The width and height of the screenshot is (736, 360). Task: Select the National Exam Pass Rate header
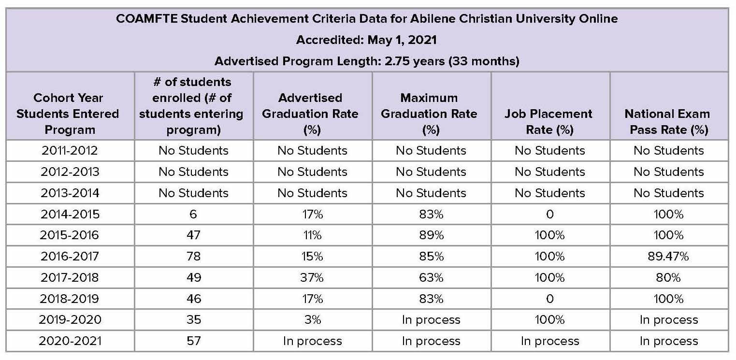click(x=669, y=122)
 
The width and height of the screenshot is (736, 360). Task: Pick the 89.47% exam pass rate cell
click(x=669, y=256)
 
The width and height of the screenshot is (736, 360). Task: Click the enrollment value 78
click(x=193, y=256)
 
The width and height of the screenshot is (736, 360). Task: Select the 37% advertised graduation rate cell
click(x=312, y=277)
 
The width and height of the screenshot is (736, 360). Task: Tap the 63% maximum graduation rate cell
click(x=431, y=277)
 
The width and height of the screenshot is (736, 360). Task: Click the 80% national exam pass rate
click(x=669, y=277)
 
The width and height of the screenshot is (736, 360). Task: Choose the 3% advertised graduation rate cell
click(x=312, y=319)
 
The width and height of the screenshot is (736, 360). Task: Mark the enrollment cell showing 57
click(x=193, y=341)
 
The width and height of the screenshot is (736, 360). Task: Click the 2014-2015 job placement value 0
click(x=550, y=214)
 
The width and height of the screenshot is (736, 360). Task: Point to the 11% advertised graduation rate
click(x=312, y=235)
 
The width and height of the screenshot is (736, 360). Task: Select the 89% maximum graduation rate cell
click(x=431, y=235)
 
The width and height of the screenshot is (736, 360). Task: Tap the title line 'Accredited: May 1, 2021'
click(x=367, y=40)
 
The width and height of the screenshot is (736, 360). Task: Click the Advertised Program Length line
click(x=367, y=61)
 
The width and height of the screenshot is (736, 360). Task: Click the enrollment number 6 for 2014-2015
click(x=193, y=214)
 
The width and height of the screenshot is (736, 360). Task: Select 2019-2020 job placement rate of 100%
click(x=550, y=319)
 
